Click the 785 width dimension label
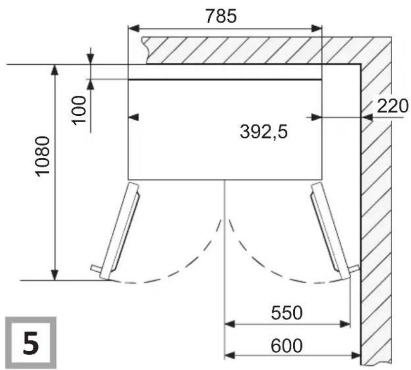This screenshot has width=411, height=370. [221, 16]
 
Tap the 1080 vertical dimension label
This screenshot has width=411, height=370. [43, 156]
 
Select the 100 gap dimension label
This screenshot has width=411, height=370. [79, 109]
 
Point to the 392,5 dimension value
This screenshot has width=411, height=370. [264, 132]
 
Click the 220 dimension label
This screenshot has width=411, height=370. [393, 106]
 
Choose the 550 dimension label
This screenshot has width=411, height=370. [286, 313]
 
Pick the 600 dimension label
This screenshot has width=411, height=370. [286, 346]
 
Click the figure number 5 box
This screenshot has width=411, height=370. [31, 343]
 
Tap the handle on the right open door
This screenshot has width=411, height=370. [354, 269]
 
